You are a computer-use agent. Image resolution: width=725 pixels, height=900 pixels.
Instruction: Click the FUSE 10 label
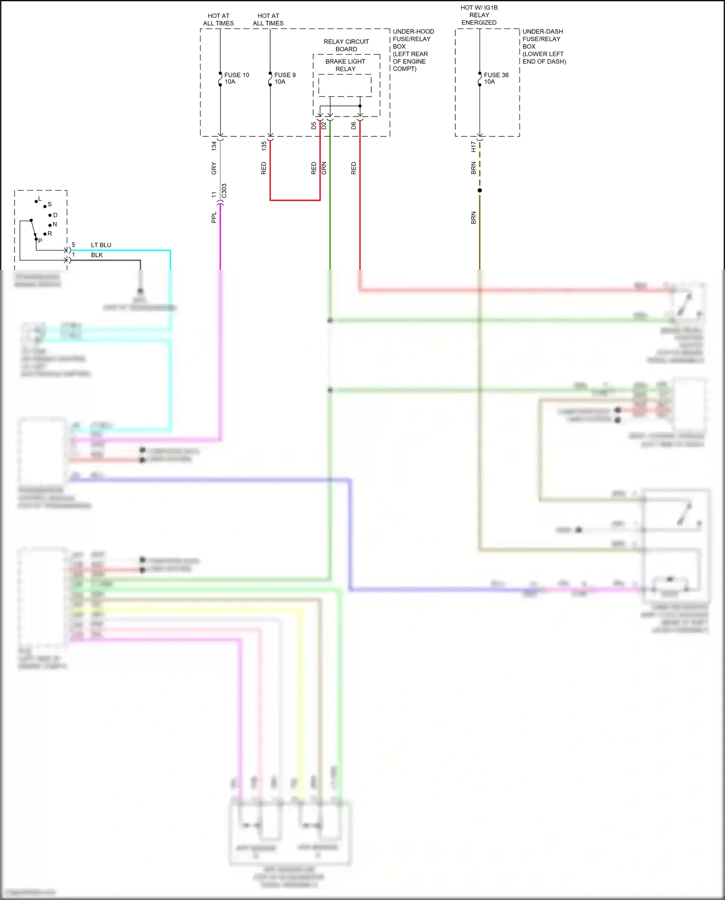(236, 75)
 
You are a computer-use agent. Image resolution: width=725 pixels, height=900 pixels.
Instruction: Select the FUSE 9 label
(285, 75)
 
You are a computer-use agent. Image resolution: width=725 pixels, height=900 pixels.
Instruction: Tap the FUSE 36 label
(496, 75)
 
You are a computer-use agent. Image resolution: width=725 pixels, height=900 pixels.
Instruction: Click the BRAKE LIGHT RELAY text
(345, 65)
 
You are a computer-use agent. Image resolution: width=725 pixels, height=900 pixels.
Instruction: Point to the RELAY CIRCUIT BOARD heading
(346, 45)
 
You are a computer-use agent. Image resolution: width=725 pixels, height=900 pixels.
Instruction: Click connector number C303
(224, 191)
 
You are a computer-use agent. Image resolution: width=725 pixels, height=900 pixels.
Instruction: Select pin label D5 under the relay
(314, 126)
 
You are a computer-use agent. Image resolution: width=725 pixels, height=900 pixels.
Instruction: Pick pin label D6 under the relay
(353, 126)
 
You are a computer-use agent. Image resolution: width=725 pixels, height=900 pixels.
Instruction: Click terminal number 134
(214, 146)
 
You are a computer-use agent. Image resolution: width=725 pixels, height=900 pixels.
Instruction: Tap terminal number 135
(264, 146)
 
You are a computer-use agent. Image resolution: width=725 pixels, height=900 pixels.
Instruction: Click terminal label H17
(474, 147)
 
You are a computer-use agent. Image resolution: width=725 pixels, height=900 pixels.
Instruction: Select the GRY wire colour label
(214, 168)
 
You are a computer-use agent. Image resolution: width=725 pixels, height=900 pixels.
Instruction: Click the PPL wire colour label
(214, 218)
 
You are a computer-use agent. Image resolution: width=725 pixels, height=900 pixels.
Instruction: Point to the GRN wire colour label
(324, 168)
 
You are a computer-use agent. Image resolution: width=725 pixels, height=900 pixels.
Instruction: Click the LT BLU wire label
(101, 245)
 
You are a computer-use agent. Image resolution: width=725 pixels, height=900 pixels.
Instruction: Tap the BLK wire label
(97, 255)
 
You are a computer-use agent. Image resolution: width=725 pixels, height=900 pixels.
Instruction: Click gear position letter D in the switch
(55, 215)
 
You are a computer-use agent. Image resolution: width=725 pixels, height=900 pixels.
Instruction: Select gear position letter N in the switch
(55, 224)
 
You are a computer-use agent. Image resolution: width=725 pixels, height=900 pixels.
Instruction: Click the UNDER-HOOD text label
(413, 31)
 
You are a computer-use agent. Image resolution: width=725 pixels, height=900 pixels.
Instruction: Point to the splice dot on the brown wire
(479, 191)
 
